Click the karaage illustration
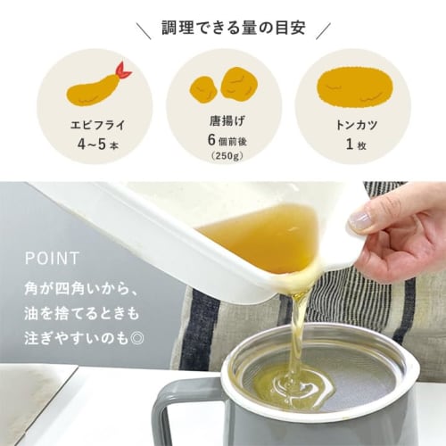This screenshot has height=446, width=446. pos(224,86)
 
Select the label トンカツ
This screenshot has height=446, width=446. pos(351,125)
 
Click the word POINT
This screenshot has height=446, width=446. pos(54,259)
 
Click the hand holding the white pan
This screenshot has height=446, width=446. pos(397,232)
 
